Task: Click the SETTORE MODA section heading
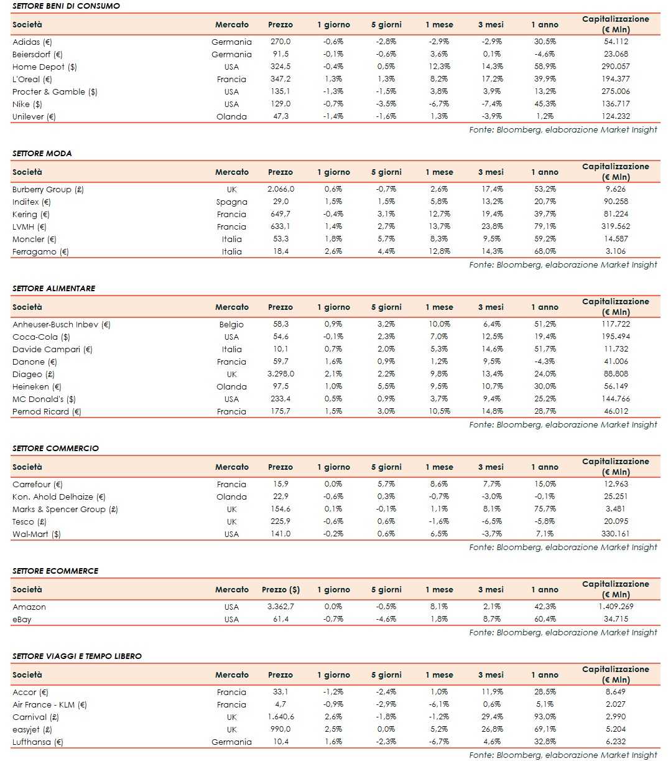click(42, 153)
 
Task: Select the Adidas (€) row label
click(32, 42)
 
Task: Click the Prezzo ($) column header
click(281, 589)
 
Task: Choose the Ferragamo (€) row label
click(40, 251)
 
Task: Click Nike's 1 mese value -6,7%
click(438, 104)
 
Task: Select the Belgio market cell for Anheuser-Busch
click(231, 324)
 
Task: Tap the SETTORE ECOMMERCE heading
click(55, 571)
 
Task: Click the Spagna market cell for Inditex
click(231, 202)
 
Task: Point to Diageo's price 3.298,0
click(281, 374)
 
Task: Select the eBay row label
click(22, 619)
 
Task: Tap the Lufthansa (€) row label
click(38, 742)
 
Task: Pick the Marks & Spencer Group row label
click(65, 509)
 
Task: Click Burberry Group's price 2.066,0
click(281, 189)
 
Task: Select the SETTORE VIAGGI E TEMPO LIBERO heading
click(77, 656)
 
